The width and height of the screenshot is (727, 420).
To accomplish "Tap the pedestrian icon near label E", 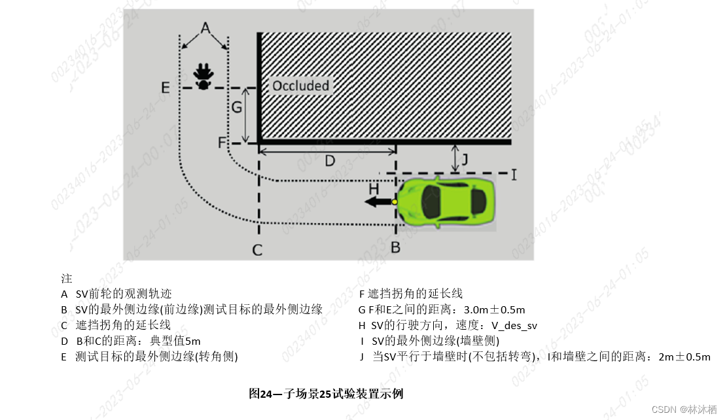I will [x=204, y=76].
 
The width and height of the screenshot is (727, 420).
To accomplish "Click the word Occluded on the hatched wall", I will [x=300, y=86].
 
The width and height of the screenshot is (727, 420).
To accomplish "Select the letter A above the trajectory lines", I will [x=204, y=28].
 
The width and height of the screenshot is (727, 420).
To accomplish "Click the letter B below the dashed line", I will [x=395, y=248].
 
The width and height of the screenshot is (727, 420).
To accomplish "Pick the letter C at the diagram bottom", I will [x=258, y=250].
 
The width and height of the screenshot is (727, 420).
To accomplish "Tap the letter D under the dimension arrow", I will [x=330, y=161].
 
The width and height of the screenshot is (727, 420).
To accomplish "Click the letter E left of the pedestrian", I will [x=166, y=87].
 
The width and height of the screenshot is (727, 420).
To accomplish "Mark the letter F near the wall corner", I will [x=222, y=141].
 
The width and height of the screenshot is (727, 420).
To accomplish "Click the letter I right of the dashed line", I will [x=514, y=175].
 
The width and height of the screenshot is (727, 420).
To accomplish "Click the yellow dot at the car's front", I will [x=395, y=202].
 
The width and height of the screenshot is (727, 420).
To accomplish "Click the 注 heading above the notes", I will [x=66, y=278].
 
